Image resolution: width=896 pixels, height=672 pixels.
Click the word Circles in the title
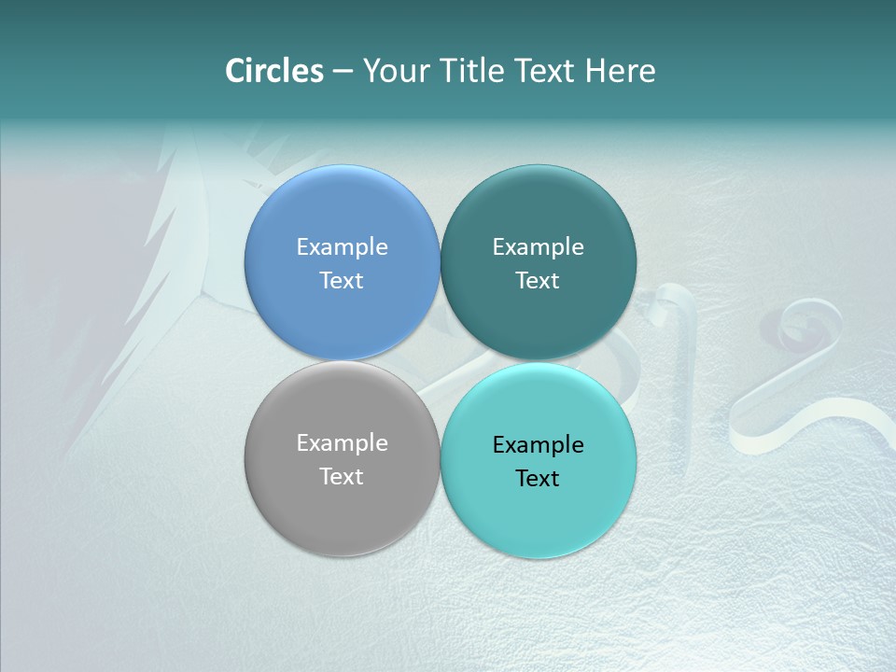[x=274, y=71]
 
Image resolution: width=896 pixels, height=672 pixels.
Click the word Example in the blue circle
[x=342, y=246]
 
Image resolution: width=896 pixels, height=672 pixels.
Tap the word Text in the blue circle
[x=342, y=280]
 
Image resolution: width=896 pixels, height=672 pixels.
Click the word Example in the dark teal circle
[x=538, y=246]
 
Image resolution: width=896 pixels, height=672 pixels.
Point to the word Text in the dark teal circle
[x=538, y=280]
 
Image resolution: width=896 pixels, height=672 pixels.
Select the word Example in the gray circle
[x=342, y=442]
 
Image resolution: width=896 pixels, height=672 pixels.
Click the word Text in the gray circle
[x=342, y=476]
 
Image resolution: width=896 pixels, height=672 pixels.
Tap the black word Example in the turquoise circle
[x=538, y=444]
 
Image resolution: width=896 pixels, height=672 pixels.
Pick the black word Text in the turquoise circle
[x=538, y=478]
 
